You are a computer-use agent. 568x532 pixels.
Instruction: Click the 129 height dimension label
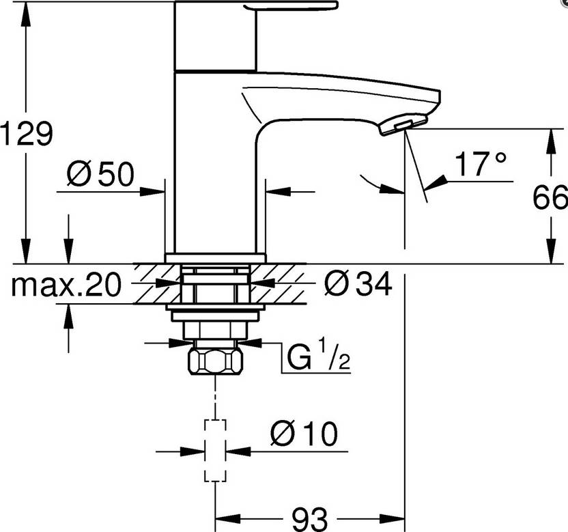[x=27, y=132]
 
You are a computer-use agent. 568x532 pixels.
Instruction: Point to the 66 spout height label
[x=550, y=198]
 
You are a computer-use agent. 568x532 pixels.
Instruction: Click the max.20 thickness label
[x=66, y=284]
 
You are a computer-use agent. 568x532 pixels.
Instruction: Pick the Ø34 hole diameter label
[x=357, y=284]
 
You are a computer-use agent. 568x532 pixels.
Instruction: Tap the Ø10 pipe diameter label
[x=304, y=434]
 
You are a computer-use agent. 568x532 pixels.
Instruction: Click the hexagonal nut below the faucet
[x=216, y=359]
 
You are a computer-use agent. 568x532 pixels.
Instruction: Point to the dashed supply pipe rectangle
[x=216, y=451]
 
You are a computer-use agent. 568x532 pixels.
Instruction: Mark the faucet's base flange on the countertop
[x=215, y=257]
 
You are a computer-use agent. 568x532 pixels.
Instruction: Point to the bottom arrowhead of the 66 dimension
[x=550, y=255]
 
